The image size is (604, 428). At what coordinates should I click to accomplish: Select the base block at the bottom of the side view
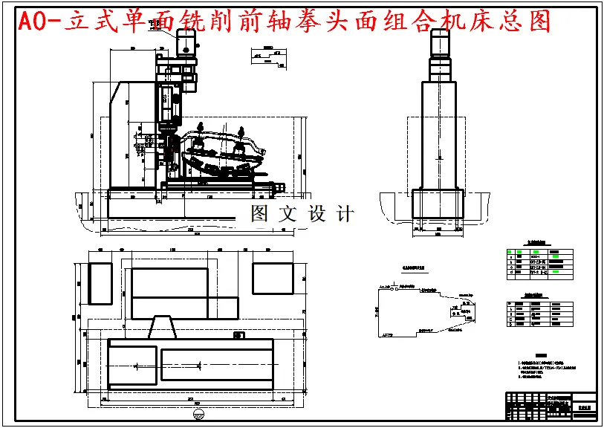click(x=438, y=203)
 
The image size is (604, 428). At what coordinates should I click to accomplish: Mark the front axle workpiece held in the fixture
click(x=223, y=152)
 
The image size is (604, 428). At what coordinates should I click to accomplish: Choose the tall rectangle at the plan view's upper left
click(x=100, y=283)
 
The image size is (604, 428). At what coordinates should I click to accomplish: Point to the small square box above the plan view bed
click(x=238, y=335)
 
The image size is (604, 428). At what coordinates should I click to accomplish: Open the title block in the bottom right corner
click(x=551, y=406)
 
